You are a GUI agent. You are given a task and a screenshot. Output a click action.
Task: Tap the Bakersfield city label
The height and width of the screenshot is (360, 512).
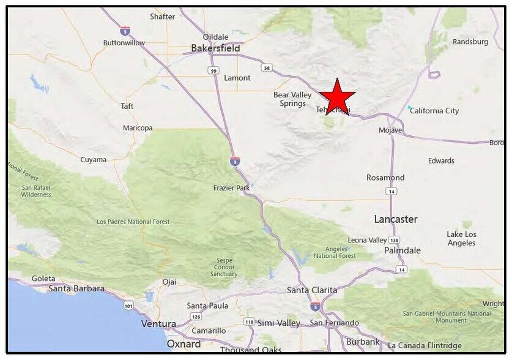[215, 48]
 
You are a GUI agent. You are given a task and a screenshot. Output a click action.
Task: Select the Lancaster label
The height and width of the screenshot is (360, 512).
[396, 219]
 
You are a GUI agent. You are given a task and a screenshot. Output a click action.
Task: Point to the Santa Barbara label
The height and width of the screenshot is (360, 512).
[76, 288]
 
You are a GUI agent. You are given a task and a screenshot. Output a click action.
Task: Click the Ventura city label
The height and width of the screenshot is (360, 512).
[158, 324]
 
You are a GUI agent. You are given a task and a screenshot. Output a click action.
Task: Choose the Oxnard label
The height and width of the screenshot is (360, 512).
[184, 344]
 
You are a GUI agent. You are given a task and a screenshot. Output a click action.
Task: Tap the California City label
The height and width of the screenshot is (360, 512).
[434, 111]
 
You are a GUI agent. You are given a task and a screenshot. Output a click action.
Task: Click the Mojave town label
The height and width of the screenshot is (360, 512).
[390, 130]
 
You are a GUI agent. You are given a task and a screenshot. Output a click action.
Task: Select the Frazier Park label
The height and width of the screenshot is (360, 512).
[231, 188]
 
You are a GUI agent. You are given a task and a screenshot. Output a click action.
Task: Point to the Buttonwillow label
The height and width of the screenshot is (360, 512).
[124, 43]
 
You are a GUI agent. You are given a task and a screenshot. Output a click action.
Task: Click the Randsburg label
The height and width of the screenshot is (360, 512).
[470, 42]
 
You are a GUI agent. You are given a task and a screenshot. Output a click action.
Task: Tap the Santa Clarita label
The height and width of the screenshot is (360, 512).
[312, 290]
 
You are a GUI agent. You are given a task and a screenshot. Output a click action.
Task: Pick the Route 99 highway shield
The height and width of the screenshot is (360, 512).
[213, 71]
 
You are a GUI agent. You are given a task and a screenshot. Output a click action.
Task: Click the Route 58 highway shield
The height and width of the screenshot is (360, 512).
[266, 68]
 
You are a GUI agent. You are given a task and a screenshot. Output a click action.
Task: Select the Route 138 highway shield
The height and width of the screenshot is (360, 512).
[395, 240]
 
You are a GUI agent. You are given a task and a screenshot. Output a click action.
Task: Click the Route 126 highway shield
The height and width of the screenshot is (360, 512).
[196, 317]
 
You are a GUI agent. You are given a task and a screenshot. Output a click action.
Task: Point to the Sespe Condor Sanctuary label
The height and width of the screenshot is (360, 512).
[224, 267]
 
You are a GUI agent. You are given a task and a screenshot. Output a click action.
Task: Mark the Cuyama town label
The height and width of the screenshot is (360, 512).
[93, 160]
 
